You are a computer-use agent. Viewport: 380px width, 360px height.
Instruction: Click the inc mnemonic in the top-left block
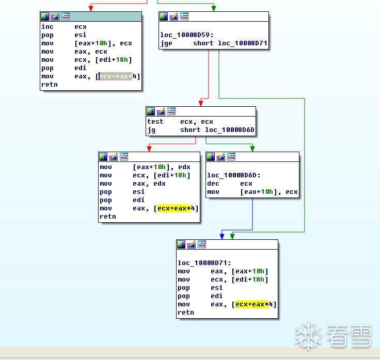47,27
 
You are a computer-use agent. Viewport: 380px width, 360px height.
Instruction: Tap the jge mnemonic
166,43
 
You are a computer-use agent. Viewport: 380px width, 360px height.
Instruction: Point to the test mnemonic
155,122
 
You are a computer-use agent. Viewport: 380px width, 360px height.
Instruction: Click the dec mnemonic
213,184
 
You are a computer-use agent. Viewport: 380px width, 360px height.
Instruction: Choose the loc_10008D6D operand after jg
230,130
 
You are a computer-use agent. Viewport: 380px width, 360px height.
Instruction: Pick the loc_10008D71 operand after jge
243,43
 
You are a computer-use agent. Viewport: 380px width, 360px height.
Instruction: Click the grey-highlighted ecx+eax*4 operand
118,76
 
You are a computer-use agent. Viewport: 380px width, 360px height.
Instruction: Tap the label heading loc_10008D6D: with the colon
234,175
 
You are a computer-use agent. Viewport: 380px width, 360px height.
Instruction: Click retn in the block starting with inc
50,85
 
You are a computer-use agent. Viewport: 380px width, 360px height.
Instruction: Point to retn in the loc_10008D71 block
186,313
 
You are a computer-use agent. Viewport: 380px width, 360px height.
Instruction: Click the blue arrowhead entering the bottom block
222,236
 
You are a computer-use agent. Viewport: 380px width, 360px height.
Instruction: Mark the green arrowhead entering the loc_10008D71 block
232,236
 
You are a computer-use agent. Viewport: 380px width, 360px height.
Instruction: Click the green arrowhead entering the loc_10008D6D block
252,149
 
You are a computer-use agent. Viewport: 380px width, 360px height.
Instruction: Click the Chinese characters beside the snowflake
349,336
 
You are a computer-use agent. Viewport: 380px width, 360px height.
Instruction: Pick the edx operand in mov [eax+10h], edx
184,167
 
